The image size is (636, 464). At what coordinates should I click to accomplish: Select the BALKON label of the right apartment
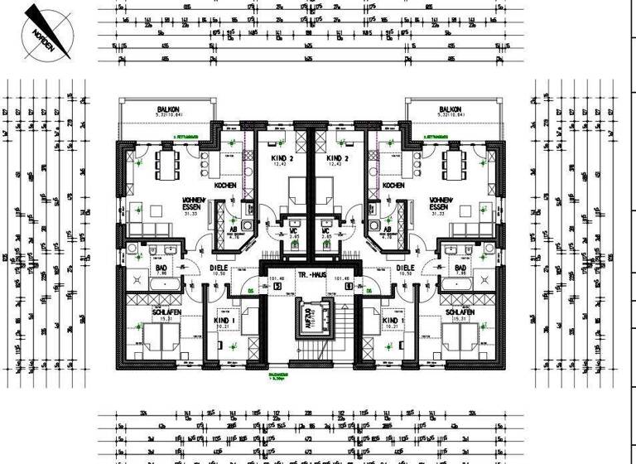click(450, 109)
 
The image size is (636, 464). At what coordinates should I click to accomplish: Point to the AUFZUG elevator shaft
click(310, 319)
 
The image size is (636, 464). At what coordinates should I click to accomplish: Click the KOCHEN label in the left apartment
click(225, 186)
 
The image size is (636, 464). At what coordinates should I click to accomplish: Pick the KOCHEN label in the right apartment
click(394, 186)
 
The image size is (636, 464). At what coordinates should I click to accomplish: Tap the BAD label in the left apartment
click(161, 268)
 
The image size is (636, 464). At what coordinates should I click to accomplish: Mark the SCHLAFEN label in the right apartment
click(460, 312)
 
